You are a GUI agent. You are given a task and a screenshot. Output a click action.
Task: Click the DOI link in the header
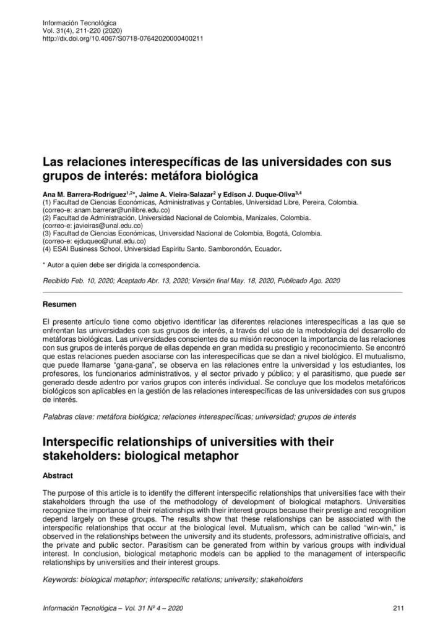pos(123,38)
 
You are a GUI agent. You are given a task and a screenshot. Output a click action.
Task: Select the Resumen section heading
pos(59,305)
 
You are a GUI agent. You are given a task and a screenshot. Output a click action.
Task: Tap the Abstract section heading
pos(58,476)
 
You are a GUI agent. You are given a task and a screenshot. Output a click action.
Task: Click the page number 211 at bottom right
pos(398,608)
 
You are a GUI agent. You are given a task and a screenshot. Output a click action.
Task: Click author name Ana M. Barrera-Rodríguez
pos(83,193)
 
